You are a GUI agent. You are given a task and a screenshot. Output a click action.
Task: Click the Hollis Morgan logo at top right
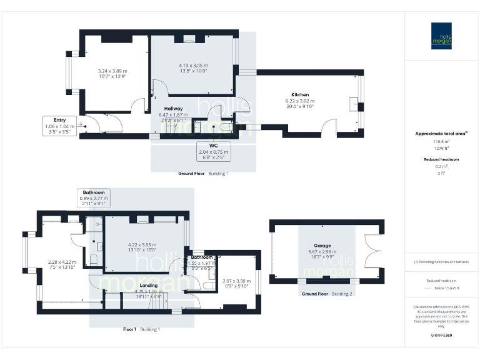(x=442, y=36)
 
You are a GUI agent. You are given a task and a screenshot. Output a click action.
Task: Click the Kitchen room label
(x=300, y=95)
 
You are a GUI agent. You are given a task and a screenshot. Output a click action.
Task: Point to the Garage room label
(x=322, y=246)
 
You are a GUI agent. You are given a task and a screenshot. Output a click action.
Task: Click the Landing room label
(x=148, y=286)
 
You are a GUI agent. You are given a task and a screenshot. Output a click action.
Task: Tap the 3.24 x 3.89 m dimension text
(x=112, y=71)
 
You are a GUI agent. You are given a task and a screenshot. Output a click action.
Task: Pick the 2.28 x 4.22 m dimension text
(x=62, y=262)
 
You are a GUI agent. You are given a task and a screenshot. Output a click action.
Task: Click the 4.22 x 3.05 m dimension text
(x=145, y=245)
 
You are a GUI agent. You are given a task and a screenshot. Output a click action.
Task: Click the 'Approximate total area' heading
(x=441, y=134)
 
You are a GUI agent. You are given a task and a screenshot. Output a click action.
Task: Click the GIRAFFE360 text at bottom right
(x=442, y=336)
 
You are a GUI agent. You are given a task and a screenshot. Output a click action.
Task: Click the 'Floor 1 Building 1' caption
(x=141, y=329)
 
